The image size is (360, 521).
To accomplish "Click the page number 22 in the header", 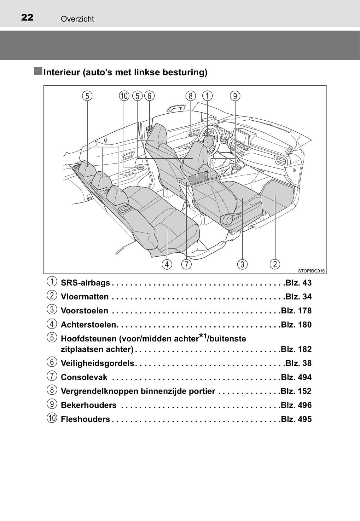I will [27, 17].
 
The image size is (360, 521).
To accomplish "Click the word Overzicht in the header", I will [77, 19].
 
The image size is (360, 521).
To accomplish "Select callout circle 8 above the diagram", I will [190, 96].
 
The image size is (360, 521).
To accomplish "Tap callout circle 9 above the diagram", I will [235, 96].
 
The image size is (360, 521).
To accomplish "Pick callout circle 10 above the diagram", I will [124, 96].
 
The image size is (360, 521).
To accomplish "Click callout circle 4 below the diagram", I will [167, 264].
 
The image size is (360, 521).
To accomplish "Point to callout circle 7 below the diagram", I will [186, 264].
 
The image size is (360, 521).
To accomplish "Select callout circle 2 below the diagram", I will [275, 264].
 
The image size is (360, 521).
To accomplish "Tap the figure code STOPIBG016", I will [311, 271].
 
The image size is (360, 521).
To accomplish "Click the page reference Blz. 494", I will [296, 377].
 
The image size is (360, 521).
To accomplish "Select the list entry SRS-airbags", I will [85, 283].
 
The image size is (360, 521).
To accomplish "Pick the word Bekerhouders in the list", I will [89, 405].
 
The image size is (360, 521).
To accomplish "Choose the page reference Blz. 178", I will [296, 311].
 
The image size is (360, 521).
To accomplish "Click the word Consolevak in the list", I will [84, 377].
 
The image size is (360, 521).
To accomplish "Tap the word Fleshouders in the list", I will [85, 419].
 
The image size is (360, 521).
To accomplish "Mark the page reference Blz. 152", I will [296, 391].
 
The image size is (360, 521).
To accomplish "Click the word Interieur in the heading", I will [61, 72].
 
